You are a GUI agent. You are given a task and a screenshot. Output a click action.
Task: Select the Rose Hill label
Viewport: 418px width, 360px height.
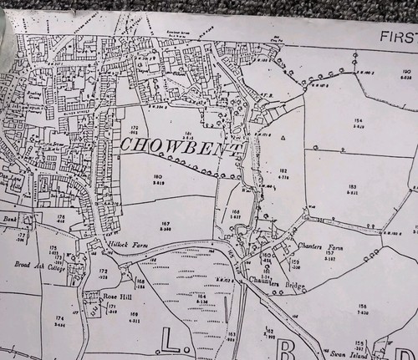(113, 296)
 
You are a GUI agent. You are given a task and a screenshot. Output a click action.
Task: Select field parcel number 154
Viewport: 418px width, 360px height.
(359, 121)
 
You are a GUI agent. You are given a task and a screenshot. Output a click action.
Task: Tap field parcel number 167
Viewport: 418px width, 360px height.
(166, 223)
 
